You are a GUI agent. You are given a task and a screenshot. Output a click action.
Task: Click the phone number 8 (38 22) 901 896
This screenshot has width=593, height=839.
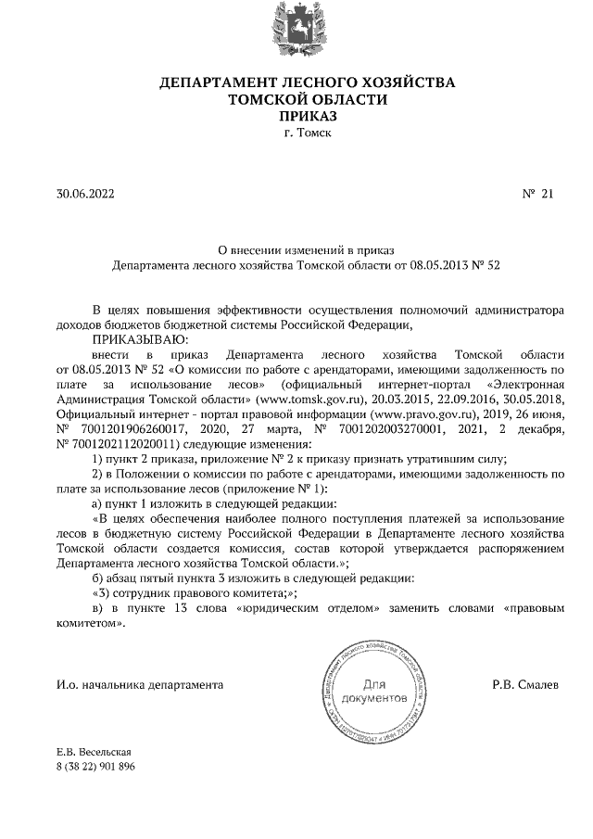(x=95, y=766)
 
